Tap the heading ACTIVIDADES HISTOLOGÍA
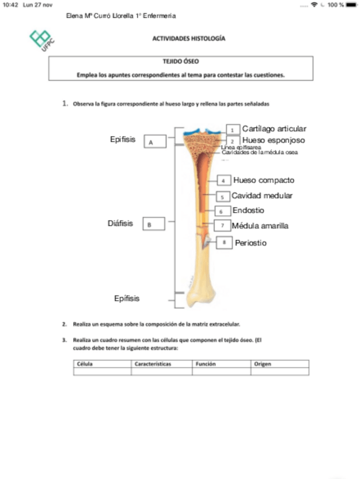(189, 39)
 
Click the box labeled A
(154, 142)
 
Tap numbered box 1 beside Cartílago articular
(232, 129)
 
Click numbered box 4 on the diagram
(224, 181)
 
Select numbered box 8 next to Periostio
(225, 243)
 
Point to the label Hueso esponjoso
(274, 140)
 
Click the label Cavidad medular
(262, 196)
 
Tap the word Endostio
(248, 211)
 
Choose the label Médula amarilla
(260, 226)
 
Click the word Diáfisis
(120, 223)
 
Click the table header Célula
(85, 364)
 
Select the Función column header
(206, 364)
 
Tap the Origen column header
(263, 364)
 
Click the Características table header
(153, 364)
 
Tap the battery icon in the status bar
(351, 5)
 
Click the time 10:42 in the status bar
(10, 5)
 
